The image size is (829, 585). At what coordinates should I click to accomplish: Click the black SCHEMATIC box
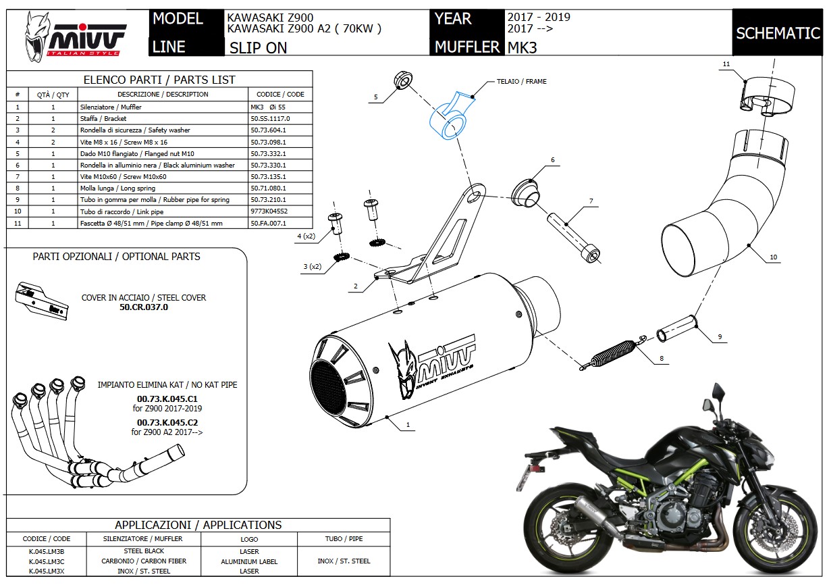[778, 33]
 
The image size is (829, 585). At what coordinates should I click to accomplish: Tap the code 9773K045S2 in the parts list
[269, 211]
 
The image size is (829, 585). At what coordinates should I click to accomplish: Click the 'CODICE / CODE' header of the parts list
[280, 95]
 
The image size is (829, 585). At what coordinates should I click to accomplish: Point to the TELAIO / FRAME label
[521, 82]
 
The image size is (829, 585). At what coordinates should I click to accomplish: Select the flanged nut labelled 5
[403, 80]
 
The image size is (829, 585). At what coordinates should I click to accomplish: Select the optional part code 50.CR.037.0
[144, 307]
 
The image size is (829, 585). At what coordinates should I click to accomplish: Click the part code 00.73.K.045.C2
[167, 423]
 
